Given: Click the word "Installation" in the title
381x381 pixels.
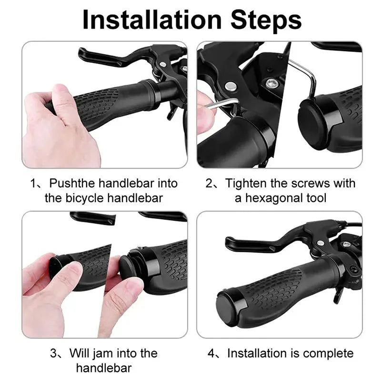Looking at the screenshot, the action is tap(152, 20).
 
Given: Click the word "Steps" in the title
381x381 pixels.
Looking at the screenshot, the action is tap(266, 20).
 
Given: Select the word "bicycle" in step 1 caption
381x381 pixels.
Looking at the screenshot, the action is tap(85, 198).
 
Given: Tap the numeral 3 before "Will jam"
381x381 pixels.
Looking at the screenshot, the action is tap(53, 353).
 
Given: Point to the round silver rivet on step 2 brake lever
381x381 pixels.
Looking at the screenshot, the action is tap(231, 86).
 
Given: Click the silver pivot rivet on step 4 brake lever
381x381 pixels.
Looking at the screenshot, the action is tap(321, 243).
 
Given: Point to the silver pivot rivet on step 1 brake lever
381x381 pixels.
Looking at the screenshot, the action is tap(162, 64).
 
